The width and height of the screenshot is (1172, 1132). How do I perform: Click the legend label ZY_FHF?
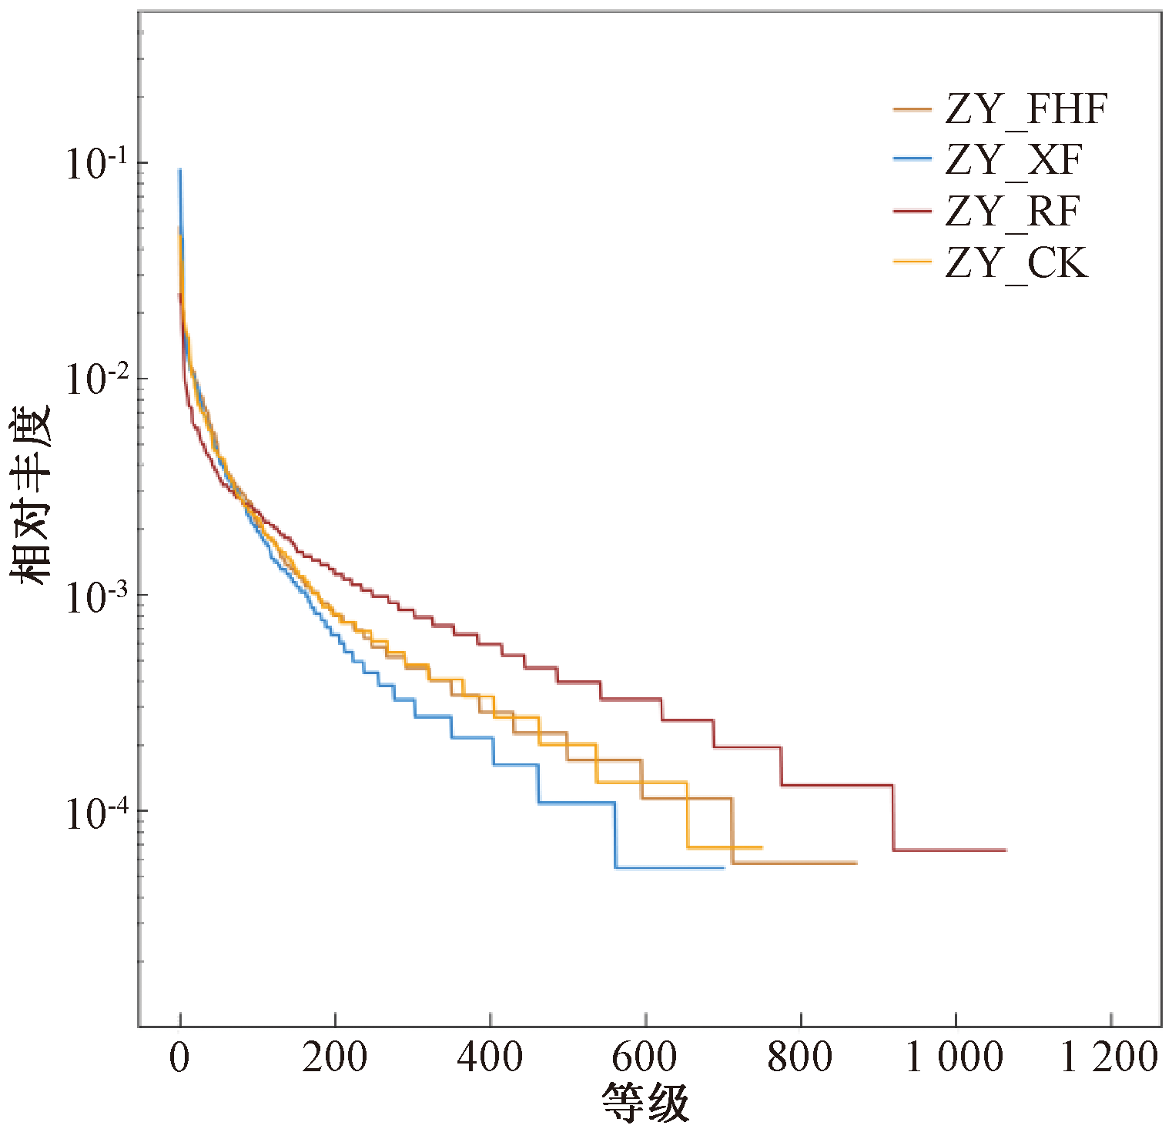pyautogui.click(x=1026, y=109)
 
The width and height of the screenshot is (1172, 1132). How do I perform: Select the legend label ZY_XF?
pyautogui.click(x=1013, y=160)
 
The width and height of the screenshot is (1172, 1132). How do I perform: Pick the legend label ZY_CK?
pyautogui.click(x=1016, y=263)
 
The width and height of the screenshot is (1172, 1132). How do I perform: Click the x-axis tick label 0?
pyautogui.click(x=179, y=1058)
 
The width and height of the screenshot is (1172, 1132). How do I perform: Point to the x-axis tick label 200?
pyautogui.click(x=335, y=1058)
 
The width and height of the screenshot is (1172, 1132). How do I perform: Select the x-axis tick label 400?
pyautogui.click(x=490, y=1058)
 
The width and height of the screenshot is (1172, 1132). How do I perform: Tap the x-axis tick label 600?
pyautogui.click(x=645, y=1058)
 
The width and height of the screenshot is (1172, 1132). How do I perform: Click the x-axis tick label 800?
pyautogui.click(x=800, y=1058)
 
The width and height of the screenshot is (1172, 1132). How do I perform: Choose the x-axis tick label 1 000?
pyautogui.click(x=955, y=1058)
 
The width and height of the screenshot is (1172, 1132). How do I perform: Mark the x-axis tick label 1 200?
pyautogui.click(x=1110, y=1058)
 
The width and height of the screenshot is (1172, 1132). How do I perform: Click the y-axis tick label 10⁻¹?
pyautogui.click(x=96, y=164)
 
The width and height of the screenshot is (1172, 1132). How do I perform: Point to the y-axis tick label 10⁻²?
pyautogui.click(x=96, y=379)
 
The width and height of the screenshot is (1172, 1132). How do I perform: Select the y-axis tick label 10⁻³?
pyautogui.click(x=96, y=596)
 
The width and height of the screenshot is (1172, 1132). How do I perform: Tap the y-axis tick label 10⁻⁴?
pyautogui.click(x=96, y=813)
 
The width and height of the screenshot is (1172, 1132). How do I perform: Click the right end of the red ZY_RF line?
pyautogui.click(x=1006, y=850)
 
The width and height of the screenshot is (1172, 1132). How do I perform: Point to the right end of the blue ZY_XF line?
pyautogui.click(x=724, y=867)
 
